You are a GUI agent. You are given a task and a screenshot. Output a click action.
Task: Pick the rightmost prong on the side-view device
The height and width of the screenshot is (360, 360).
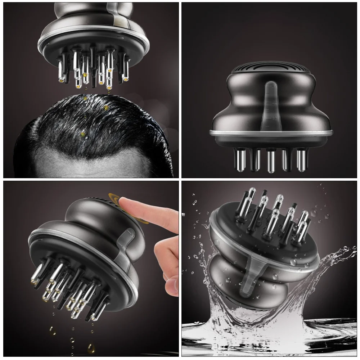(x=302, y=159)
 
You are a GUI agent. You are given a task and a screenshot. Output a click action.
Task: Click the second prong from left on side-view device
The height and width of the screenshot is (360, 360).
(x=256, y=159)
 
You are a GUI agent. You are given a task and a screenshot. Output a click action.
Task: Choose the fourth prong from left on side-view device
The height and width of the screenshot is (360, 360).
(x=287, y=159)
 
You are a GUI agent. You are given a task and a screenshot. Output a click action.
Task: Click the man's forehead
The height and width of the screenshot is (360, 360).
(x=94, y=166)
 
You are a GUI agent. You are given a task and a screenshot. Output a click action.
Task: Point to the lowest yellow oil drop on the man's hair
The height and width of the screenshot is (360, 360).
(x=83, y=134)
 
